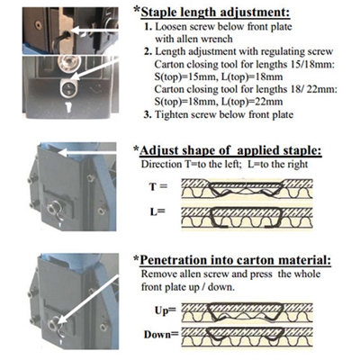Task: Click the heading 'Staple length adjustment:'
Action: [215, 13]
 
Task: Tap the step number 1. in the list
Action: [148, 27]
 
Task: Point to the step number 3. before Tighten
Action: [148, 114]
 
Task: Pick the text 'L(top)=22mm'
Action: [252, 102]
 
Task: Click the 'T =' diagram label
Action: [158, 186]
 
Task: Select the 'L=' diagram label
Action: [157, 211]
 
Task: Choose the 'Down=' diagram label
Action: [161, 334]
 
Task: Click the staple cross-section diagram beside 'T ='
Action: [247, 188]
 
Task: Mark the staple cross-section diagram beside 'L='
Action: [247, 218]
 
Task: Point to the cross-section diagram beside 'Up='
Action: [247, 313]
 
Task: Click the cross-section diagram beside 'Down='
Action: [247, 337]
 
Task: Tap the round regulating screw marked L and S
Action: [69, 87]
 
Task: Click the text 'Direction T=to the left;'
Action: [191, 165]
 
